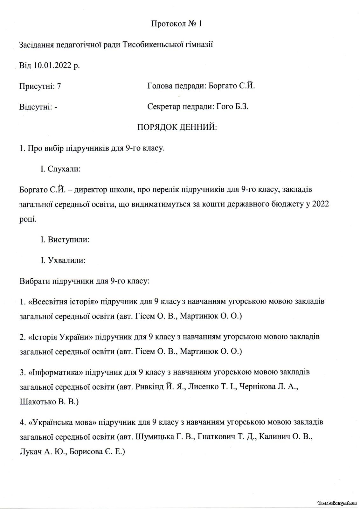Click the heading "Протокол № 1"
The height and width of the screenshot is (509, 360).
tap(177, 24)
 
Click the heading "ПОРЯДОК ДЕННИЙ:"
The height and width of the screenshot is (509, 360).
tap(177, 128)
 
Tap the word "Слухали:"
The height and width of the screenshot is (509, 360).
tap(64, 169)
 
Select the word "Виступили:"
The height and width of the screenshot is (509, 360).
tap(68, 239)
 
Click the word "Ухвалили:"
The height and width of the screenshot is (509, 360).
tap(66, 260)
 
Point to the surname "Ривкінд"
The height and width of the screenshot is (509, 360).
tap(149, 387)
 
